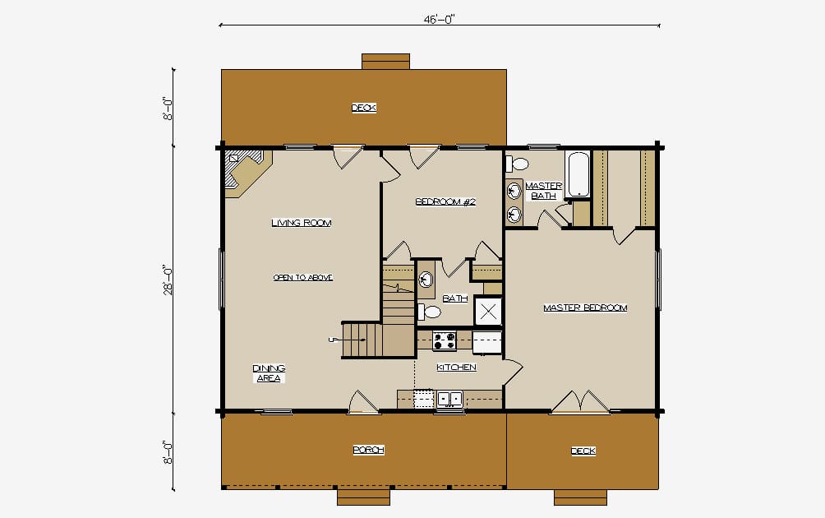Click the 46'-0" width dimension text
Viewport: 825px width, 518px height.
(439, 20)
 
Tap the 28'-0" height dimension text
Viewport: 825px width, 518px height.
(168, 280)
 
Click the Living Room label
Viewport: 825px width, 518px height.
(302, 223)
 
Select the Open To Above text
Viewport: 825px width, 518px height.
(303, 277)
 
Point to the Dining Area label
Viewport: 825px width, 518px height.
(269, 373)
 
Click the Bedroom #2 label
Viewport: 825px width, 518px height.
(445, 201)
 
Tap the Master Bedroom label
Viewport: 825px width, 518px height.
(585, 308)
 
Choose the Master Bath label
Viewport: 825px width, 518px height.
(543, 191)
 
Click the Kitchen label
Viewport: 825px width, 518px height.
(456, 368)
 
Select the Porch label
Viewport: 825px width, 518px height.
(368, 450)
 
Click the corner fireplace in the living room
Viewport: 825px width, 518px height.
(247, 173)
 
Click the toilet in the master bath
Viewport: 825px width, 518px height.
(517, 164)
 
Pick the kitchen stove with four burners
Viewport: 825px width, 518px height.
(445, 340)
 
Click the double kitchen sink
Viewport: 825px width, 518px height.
(449, 399)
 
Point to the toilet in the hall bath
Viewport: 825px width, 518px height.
(429, 312)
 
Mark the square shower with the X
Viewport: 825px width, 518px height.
(488, 312)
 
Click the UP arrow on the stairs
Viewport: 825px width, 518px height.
(348, 340)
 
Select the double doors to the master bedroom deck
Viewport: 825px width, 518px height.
(580, 401)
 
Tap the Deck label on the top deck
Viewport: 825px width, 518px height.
(363, 108)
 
